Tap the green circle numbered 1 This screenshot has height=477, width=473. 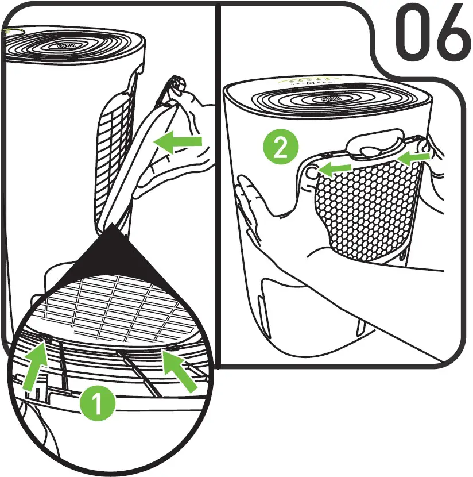pyautogui.click(x=97, y=404)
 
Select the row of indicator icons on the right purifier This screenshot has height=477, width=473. pyautogui.click(x=310, y=82)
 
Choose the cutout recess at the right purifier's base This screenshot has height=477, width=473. pyautogui.click(x=287, y=305)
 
